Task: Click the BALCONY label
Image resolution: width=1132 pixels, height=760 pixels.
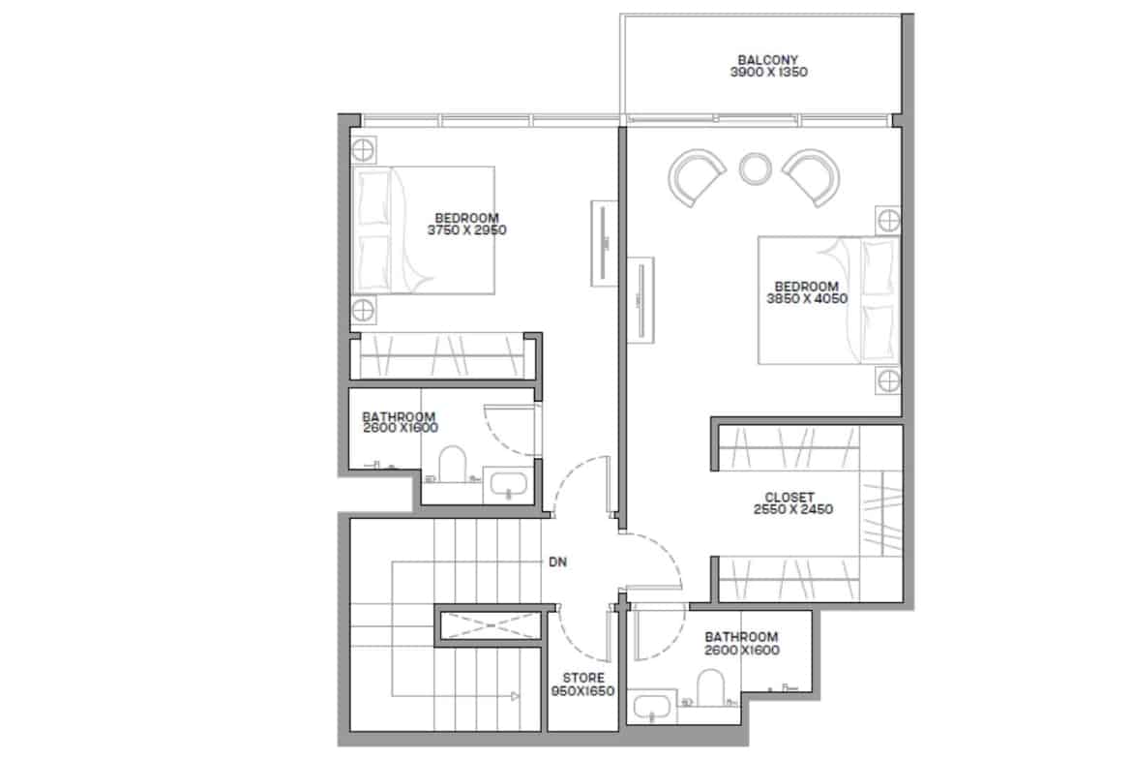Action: point(768,60)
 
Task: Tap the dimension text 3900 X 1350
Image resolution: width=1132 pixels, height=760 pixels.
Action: point(768,73)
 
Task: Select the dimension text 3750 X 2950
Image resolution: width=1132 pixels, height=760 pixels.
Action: point(466,230)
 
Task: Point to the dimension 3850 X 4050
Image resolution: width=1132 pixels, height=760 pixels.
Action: point(806,298)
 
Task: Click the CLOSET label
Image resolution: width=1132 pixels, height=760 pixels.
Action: point(789,497)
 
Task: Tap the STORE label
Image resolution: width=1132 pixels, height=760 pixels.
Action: point(583,679)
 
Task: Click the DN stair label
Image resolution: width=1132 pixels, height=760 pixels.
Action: point(557,562)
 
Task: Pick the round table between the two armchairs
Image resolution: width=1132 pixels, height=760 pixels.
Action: point(755,168)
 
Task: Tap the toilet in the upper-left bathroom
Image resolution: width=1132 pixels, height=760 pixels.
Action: point(453,464)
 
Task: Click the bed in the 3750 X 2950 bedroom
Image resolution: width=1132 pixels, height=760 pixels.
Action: point(423,230)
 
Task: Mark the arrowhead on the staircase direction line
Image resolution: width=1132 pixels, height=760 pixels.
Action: point(515,696)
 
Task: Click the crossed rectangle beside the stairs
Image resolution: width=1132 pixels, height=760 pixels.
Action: point(490,625)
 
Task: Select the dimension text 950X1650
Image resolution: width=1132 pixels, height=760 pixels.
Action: point(582,691)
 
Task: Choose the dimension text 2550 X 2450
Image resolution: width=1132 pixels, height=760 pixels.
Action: point(792,509)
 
